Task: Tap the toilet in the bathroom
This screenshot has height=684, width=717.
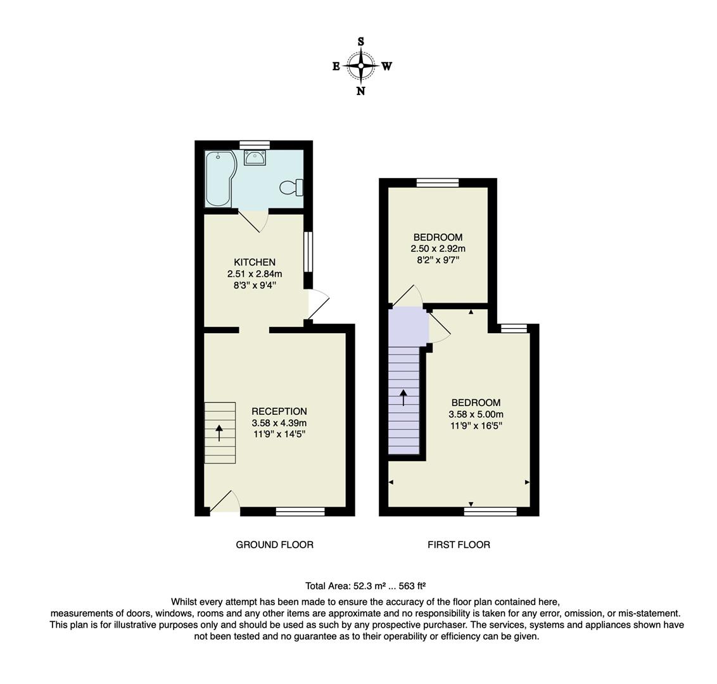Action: [291, 187]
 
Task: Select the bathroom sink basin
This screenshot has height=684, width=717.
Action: [255, 158]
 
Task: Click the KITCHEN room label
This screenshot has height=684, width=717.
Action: [255, 262]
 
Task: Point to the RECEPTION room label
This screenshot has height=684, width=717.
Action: [279, 411]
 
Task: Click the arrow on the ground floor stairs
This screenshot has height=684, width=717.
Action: [220, 433]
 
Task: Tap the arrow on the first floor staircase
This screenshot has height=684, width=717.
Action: [403, 398]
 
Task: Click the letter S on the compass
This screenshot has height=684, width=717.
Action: [361, 42]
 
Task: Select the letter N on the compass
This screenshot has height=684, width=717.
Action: [360, 91]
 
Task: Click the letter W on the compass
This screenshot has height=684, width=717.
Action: [386, 66]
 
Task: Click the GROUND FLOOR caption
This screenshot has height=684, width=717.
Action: [274, 545]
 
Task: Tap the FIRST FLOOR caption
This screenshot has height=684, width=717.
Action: [459, 545]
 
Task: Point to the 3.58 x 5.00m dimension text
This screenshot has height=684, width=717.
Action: [476, 414]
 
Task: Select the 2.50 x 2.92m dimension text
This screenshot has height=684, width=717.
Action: [438, 249]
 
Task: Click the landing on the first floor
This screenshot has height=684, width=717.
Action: [407, 326]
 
